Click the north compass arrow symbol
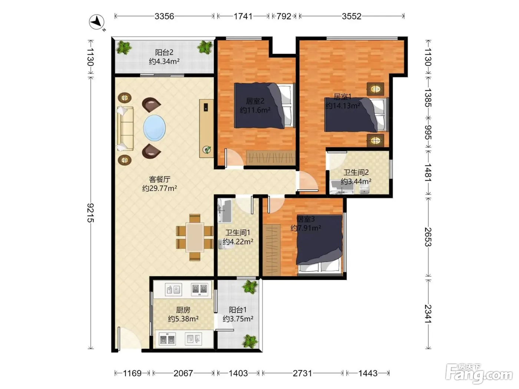point(97,22)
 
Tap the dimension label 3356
point(164,16)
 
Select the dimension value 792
point(284,16)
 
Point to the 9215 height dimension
point(90,213)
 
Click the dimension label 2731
point(303,373)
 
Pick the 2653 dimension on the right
point(428,237)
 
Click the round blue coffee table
point(154,127)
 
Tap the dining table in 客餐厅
point(195,237)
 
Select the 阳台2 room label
point(164,52)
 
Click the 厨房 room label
point(183,310)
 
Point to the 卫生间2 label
point(356,172)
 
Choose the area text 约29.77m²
point(160,188)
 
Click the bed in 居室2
point(265,106)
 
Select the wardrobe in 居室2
point(271,158)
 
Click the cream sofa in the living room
point(125,129)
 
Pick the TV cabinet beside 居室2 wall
point(206,129)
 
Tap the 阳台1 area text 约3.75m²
point(238,319)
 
